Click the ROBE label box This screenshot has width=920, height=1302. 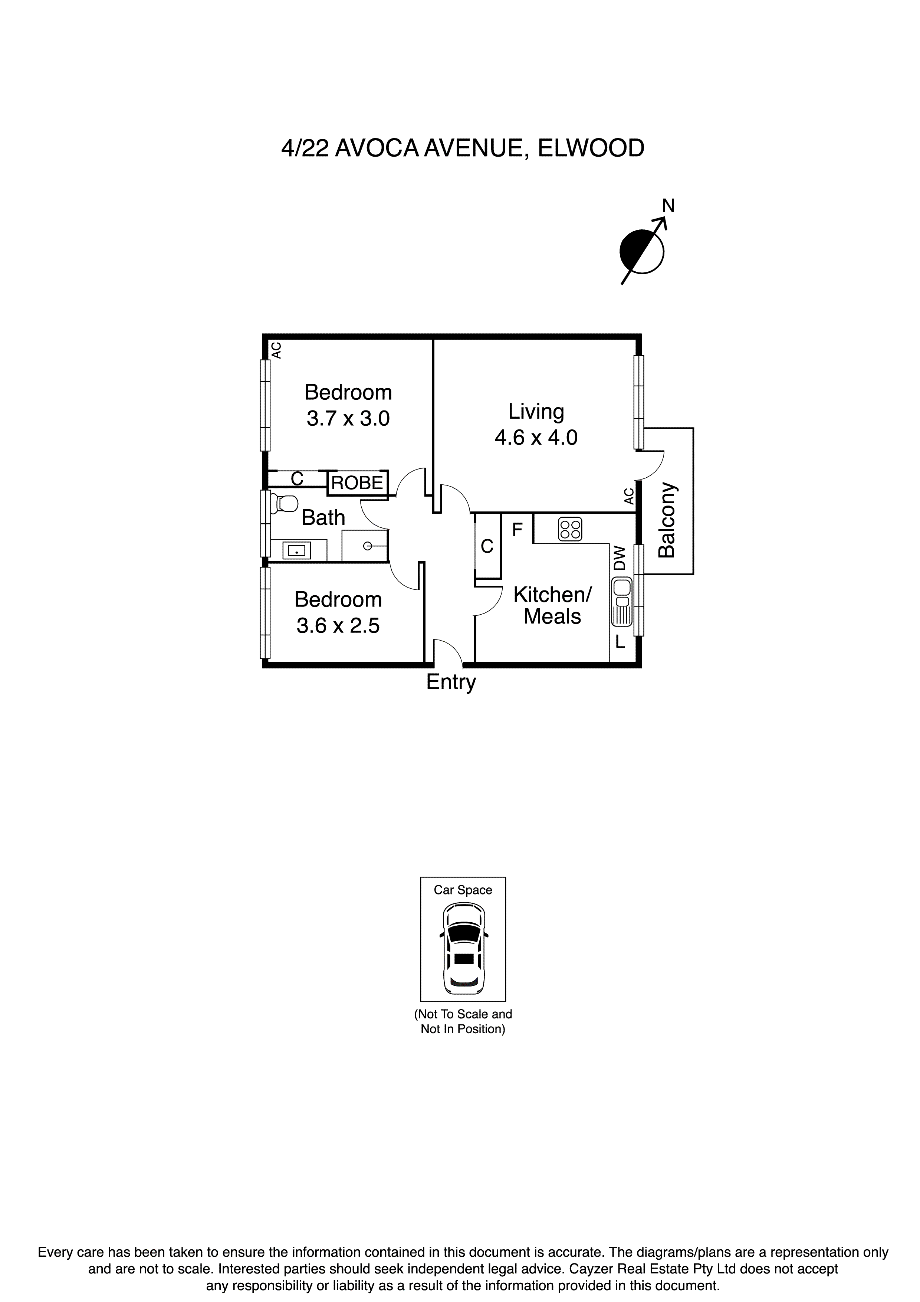(357, 482)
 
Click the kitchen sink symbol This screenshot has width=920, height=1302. (622, 602)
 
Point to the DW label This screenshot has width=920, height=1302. (620, 558)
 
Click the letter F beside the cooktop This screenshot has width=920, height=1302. (517, 530)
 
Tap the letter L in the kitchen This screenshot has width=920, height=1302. (620, 642)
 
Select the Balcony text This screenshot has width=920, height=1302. (667, 520)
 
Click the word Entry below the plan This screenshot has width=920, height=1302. (451, 682)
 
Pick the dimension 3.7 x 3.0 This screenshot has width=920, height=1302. (348, 419)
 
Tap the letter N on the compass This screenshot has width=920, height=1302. (668, 206)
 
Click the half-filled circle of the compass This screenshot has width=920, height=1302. (641, 252)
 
